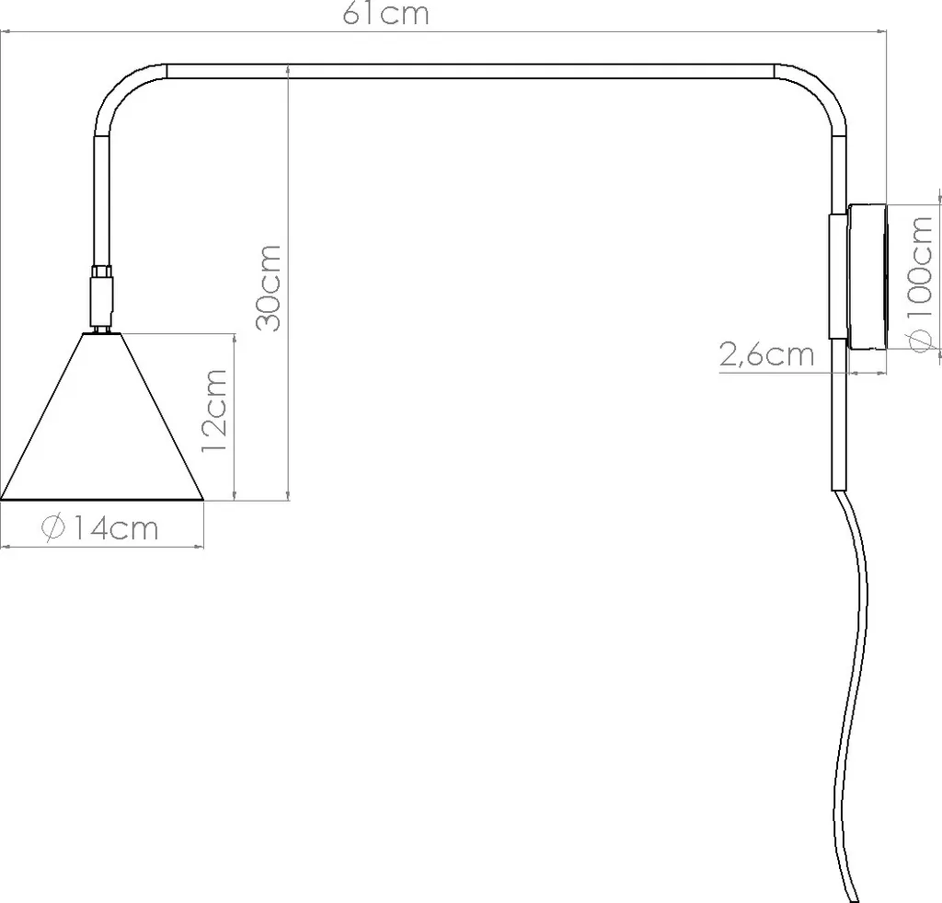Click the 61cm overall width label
coord(385,14)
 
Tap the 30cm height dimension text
coord(269,288)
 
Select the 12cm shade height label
coord(214,411)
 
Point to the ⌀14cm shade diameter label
coord(99,528)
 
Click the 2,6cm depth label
coord(766,354)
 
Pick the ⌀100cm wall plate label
coord(921,284)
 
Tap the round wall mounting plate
coord(867,276)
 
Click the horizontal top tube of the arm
coord(471,71)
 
